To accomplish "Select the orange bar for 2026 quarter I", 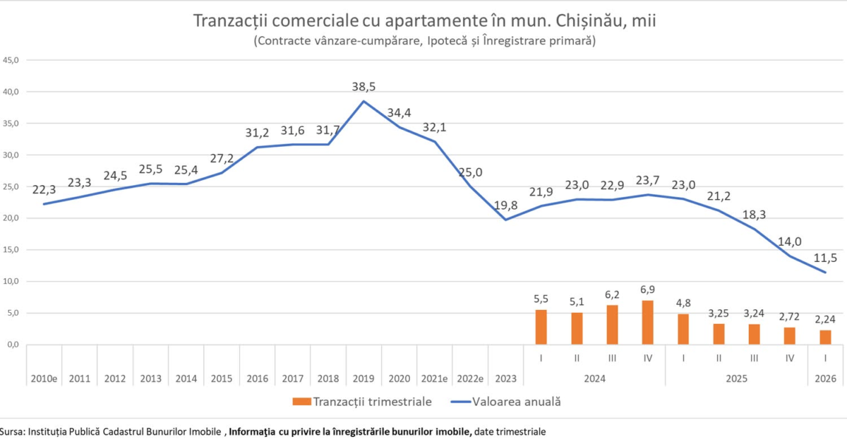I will (x=825, y=338).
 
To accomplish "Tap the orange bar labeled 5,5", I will (x=541, y=327).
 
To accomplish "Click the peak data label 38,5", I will (x=364, y=87).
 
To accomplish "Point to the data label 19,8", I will (x=505, y=205).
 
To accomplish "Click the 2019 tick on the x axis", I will (x=364, y=379).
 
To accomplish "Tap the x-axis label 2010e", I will (x=44, y=379).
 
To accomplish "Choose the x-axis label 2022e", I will (x=470, y=379).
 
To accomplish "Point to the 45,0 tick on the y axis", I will (x=11, y=60).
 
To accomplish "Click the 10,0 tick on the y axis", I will (x=11, y=282).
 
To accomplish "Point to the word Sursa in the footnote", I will (x=12, y=431).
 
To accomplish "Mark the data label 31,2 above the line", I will (x=257, y=133).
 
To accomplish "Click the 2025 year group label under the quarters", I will (x=736, y=379).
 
